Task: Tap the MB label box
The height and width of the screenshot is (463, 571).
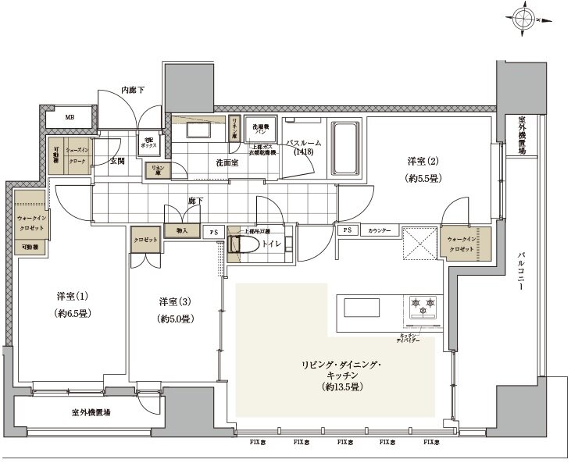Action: pyautogui.click(x=70, y=118)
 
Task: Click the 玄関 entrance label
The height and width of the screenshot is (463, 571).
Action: pyautogui.click(x=117, y=161)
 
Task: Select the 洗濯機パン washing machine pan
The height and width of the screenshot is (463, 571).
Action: pyautogui.click(x=259, y=129)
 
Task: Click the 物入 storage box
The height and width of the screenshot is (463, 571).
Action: pyautogui.click(x=181, y=231)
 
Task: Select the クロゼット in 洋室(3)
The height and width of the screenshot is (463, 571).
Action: pyautogui.click(x=146, y=240)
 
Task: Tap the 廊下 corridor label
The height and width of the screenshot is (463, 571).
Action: pyautogui.click(x=194, y=201)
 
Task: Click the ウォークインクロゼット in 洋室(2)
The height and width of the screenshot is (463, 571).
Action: pyautogui.click(x=466, y=242)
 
